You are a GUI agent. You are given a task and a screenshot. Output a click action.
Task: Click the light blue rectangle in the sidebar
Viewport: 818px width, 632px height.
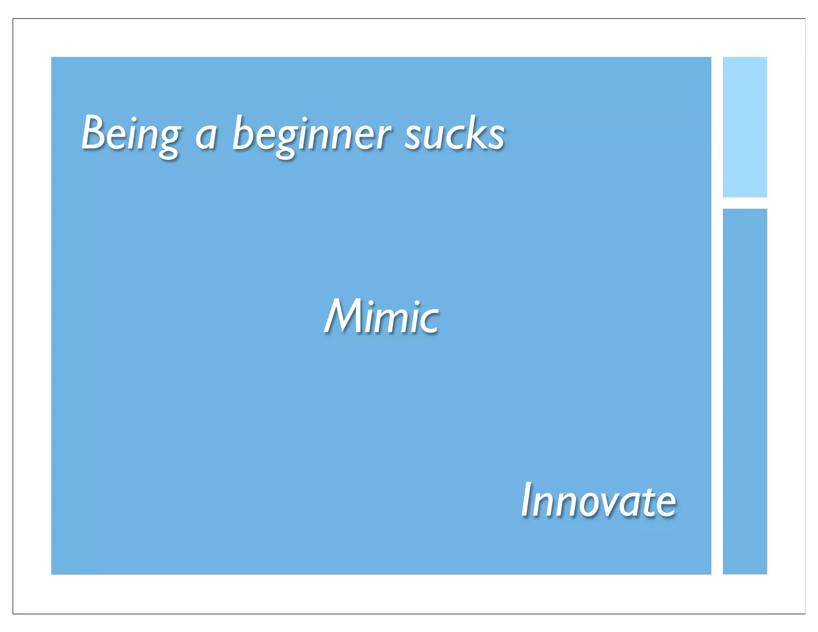coord(745,127)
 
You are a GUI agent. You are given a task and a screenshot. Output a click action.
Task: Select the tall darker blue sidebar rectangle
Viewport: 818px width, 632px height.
coord(745,391)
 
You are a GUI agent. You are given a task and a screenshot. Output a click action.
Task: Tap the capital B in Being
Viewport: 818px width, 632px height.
coord(95,132)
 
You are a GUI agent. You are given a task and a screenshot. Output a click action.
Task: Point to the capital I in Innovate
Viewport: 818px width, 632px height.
coord(528,499)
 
